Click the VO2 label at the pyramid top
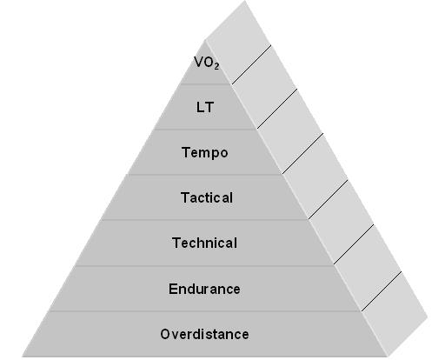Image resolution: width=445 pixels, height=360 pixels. pos(206,63)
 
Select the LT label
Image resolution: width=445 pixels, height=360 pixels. pos(205,107)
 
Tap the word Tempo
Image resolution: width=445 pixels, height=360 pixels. pos(205,153)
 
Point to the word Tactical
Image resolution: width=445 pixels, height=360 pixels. pos(207,197)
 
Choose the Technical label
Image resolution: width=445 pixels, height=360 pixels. pos(204,243)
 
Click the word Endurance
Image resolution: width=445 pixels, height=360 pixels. pos(204,289)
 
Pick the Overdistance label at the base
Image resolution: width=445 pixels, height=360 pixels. pos(204,334)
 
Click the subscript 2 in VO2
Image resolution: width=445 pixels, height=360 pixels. pos(216,66)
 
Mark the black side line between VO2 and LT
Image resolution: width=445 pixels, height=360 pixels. pos(251,64)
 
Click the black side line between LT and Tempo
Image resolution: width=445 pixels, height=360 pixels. pos(277,109)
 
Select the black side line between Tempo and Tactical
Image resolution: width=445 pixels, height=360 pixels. pos(303,153)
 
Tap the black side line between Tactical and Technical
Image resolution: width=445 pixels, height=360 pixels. pos(329,199)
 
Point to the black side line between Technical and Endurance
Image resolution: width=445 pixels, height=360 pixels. pos(354,244)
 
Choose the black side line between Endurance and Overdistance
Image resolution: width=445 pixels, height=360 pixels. pos(382,291)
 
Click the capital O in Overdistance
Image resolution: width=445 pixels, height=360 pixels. pos(164,334)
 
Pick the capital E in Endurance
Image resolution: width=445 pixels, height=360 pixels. pos(173,289)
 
